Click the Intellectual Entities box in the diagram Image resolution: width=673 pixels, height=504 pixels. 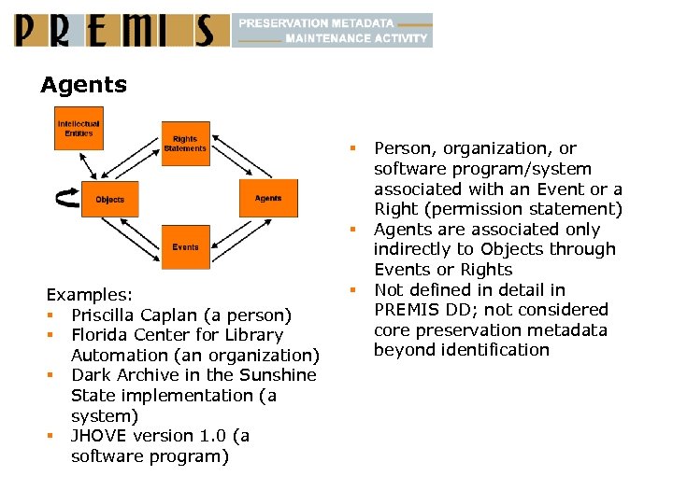(79, 128)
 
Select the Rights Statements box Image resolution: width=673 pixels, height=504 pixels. (185, 145)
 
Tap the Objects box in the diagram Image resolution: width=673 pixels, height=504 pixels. (109, 199)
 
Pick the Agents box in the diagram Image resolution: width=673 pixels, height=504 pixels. (267, 198)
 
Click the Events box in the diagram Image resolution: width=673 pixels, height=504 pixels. (185, 247)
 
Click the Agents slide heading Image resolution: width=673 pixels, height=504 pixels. (83, 85)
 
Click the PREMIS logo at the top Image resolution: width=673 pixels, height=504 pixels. (121, 30)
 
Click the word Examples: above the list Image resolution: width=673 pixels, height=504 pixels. (90, 294)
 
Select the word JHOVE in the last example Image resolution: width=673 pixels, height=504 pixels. (97, 436)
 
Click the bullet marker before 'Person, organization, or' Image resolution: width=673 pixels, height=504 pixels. (354, 148)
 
